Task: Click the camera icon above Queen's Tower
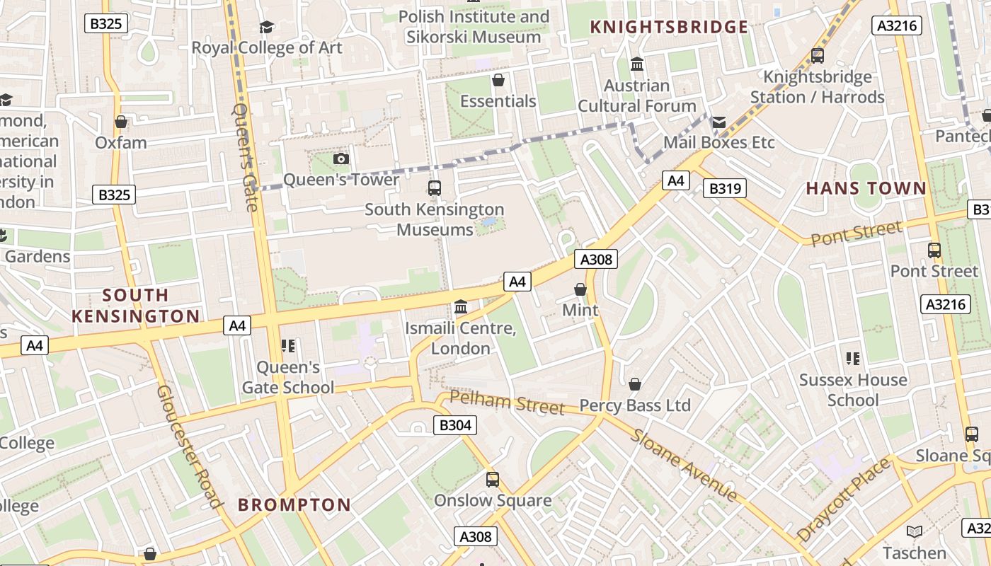[341, 158]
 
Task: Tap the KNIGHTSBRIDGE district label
[669, 28]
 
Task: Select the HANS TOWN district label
[866, 188]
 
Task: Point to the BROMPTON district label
[294, 504]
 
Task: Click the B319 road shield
[725, 188]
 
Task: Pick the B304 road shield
[454, 425]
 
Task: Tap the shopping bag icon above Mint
[580, 289]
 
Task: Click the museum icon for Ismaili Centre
[461, 307]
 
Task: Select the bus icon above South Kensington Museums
[435, 188]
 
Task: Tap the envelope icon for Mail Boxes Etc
[718, 122]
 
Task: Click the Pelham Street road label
[507, 403]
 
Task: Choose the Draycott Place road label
[842, 500]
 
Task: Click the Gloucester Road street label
[188, 446]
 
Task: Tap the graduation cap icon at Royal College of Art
[266, 27]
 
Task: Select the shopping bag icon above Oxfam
[121, 122]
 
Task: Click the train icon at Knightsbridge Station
[818, 55]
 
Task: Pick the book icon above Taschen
[915, 531]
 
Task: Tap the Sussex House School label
[853, 390]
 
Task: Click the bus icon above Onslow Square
[493, 479]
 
